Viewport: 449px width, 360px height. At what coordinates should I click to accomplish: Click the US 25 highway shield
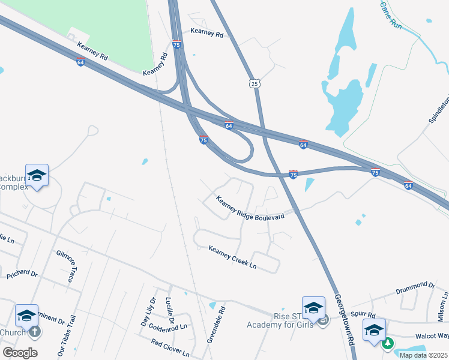coord(256,83)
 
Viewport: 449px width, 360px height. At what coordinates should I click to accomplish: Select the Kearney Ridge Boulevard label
coord(250,209)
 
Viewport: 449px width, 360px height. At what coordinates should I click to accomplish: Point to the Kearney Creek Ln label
coord(232,256)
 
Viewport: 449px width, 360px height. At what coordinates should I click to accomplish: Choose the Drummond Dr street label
coord(415,287)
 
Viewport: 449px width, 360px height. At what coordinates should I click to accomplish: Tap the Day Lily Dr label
coord(147,311)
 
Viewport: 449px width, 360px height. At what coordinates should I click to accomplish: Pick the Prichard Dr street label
coord(22,277)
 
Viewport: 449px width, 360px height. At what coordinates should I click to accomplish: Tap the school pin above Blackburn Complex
coord(37,175)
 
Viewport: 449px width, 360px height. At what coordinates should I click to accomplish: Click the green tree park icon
coord(388,343)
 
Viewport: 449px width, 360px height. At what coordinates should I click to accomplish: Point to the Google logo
coord(20,352)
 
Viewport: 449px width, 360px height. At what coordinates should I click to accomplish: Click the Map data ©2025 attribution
coord(423,355)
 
